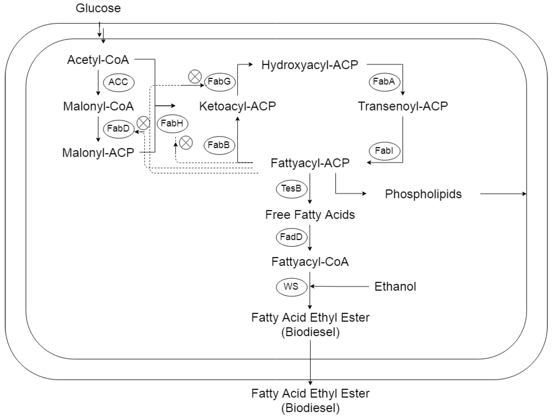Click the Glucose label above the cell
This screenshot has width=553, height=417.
98,8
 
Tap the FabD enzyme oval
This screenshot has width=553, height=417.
118,129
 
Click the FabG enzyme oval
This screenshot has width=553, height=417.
220,82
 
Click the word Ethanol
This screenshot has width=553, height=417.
395,287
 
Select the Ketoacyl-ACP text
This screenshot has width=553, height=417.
237,106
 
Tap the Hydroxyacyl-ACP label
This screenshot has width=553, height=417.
309,65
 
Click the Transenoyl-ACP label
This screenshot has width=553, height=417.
403,106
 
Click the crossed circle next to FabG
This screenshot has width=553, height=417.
195,76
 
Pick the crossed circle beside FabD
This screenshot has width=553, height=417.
143,123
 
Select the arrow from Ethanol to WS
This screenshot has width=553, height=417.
340,286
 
